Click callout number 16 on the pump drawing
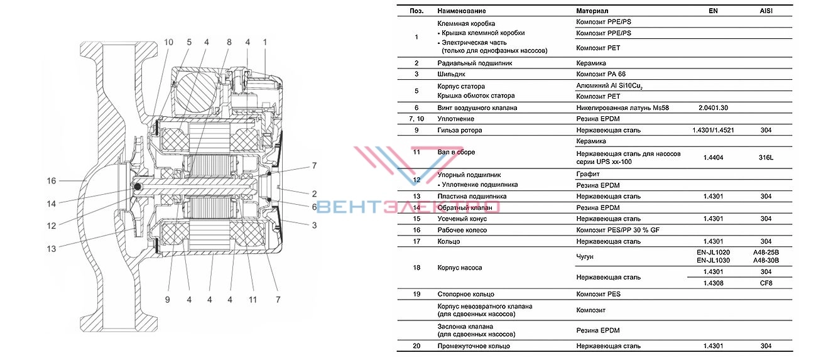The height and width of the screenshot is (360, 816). coord(52,181)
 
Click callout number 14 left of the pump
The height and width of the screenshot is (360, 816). coord(52,204)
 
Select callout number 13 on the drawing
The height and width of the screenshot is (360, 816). coord(52,249)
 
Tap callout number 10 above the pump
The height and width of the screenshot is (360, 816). coord(168,42)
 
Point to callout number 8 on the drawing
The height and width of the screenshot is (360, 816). coord(229,42)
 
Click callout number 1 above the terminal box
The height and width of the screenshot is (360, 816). coord(265,42)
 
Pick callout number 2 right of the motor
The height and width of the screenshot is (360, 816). coord(314,194)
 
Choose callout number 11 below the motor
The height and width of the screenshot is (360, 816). coord(253,300)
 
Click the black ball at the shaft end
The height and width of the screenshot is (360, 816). coord(138,187)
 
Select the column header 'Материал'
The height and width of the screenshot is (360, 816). coord(592,11)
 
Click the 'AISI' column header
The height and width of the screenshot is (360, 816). coord(766,11)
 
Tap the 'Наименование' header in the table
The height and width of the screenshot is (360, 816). coord(462,11)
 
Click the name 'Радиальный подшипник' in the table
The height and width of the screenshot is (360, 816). coord(475,63)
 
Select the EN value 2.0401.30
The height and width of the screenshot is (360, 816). coord(713,108)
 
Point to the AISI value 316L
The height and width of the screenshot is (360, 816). coord(766,158)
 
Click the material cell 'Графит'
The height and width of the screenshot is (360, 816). coord(587,174)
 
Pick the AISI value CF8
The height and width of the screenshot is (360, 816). coord(766,283)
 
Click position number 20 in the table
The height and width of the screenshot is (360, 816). coord(416,346)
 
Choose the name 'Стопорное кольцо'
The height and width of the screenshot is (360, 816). coord(465,294)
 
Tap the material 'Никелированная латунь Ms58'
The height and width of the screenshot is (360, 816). coord(623,108)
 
